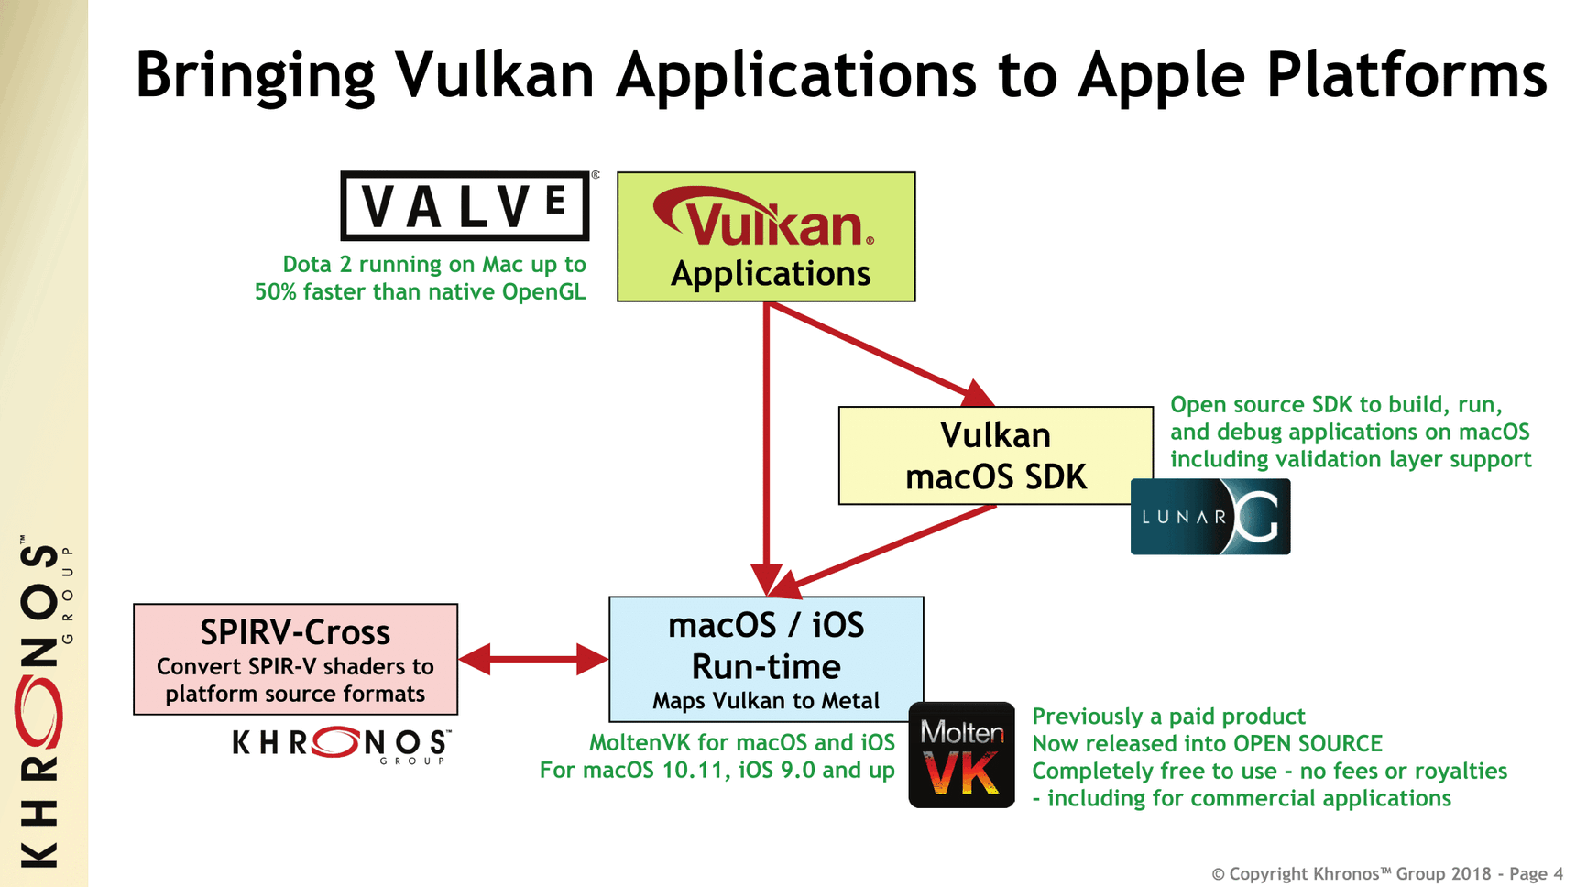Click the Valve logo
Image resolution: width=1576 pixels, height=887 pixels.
[x=465, y=205]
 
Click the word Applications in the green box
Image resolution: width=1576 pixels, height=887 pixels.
[x=771, y=273]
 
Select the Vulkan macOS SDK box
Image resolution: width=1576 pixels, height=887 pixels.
[x=996, y=455]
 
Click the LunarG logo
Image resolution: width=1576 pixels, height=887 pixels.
[x=1210, y=517]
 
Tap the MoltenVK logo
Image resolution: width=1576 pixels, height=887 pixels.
[x=961, y=755]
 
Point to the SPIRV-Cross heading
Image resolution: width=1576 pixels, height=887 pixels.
[x=295, y=632]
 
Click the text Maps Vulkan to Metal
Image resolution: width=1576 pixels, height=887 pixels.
[x=766, y=701]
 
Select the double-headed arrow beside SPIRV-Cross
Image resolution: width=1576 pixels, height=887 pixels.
[x=533, y=658]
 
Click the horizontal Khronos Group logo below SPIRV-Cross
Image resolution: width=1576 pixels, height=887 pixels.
[x=342, y=744]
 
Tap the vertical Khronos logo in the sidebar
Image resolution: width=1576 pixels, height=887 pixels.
[x=42, y=702]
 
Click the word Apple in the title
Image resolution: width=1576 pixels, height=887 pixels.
[x=1162, y=75]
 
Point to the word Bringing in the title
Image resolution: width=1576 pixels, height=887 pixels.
[x=255, y=75]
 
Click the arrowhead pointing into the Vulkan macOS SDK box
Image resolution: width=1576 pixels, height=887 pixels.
[x=979, y=394]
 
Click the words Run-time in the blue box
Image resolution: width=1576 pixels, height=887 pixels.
[x=766, y=666]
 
